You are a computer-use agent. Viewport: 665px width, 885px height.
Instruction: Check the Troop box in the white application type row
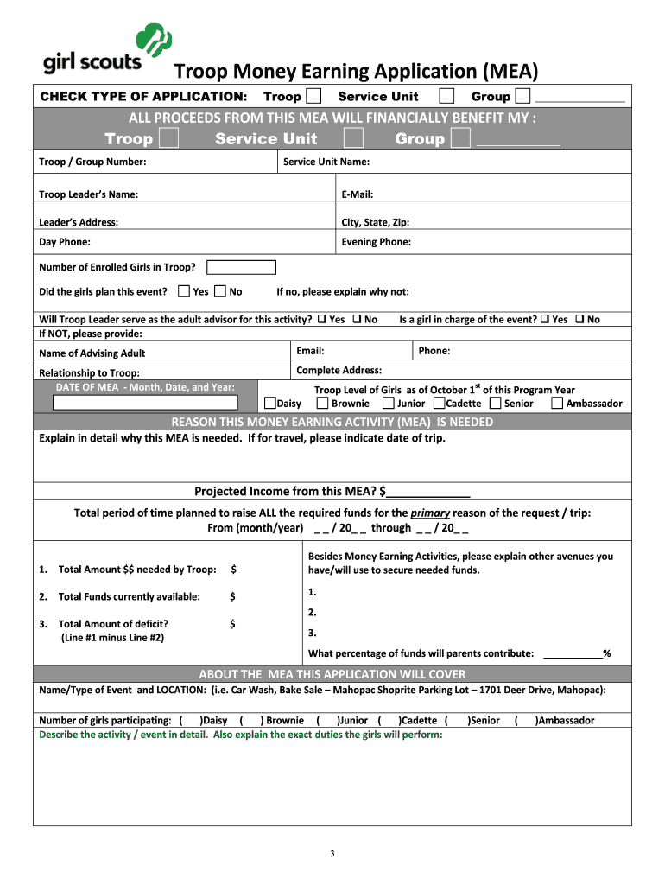coord(313,96)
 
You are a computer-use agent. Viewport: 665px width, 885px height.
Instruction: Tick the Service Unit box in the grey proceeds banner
coord(352,138)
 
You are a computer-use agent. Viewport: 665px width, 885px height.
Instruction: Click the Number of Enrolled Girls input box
coord(242,267)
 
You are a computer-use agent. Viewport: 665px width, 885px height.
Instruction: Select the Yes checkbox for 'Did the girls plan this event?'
coord(184,291)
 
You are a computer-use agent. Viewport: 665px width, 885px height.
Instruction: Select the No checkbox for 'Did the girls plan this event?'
coord(220,291)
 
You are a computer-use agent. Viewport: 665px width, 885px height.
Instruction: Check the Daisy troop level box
coord(270,403)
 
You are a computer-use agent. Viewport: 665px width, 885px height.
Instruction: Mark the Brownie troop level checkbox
coord(322,403)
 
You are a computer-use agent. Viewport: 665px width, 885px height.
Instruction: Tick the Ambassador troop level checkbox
coord(557,403)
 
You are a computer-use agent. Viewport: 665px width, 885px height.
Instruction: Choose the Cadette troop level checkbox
coord(440,403)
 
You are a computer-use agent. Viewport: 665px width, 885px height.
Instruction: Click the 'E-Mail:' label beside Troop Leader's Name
coord(358,194)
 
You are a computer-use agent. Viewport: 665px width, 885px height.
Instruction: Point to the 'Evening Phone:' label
coord(377,242)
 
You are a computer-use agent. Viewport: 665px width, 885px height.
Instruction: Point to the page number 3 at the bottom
coord(332,854)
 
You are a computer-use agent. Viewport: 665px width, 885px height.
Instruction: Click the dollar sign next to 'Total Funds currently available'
coord(232,596)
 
